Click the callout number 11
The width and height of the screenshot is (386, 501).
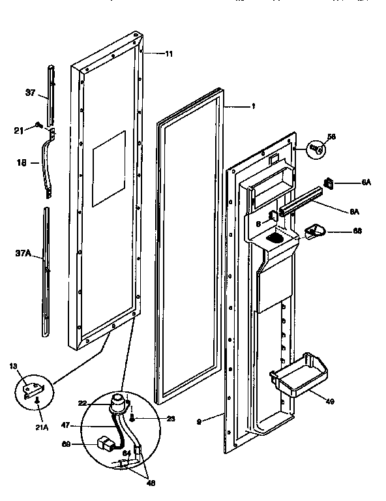[x=169, y=53]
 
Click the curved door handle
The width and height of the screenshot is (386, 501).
[x=48, y=163]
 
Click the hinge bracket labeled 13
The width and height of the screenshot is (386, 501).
[x=29, y=392]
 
